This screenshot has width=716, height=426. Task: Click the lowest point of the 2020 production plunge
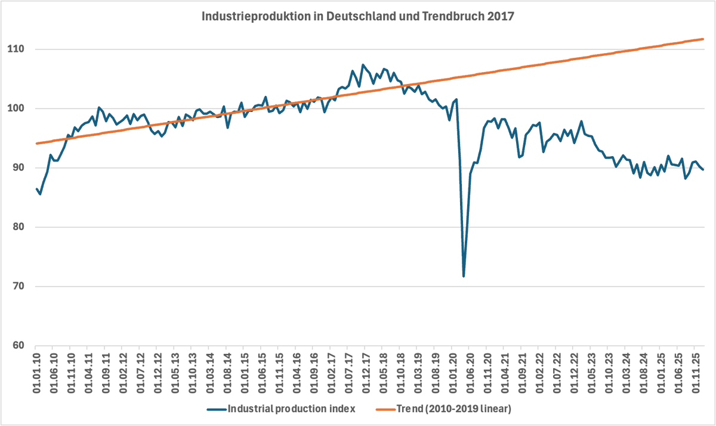coord(464,276)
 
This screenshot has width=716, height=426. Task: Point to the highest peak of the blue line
coord(363,64)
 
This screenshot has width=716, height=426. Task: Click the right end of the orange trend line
coord(703,39)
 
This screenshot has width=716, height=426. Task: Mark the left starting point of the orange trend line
coord(36,144)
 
